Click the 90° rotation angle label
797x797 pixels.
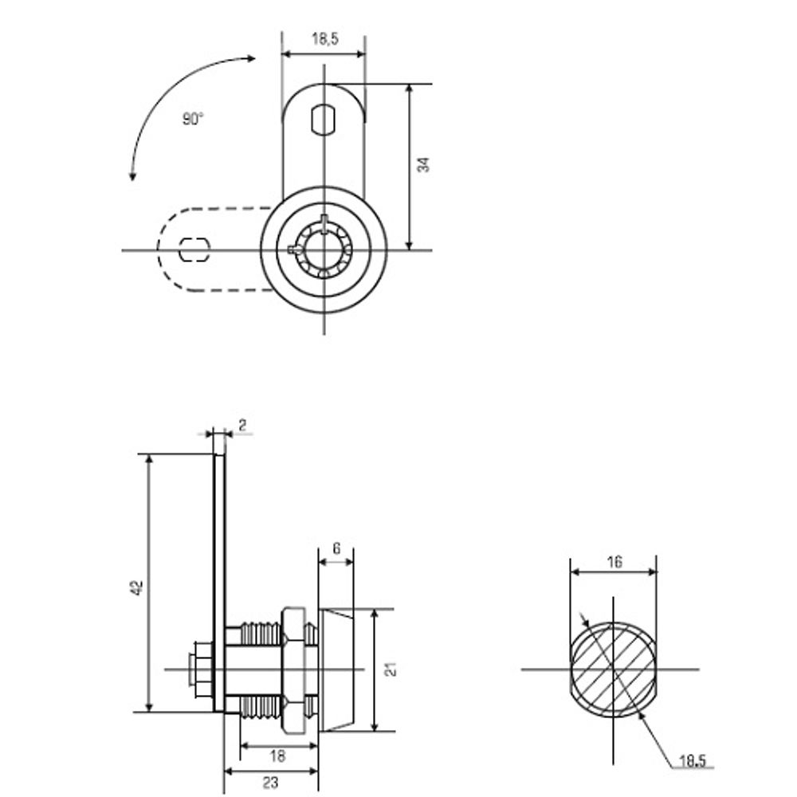(x=193, y=119)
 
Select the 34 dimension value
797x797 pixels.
(x=423, y=165)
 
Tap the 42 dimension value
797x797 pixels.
(x=137, y=587)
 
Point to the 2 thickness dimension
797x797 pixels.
(x=242, y=425)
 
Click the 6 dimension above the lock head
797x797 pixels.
(x=336, y=549)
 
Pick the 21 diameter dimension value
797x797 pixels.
(x=391, y=669)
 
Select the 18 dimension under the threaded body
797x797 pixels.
(x=277, y=756)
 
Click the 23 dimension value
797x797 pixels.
(x=271, y=783)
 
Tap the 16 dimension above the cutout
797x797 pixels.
(x=614, y=562)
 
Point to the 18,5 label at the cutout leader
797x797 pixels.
(x=693, y=761)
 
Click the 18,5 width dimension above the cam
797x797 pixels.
(x=325, y=38)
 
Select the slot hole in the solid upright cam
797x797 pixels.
(x=324, y=120)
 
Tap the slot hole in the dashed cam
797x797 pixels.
(x=194, y=249)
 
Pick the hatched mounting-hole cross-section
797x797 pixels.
(x=614, y=669)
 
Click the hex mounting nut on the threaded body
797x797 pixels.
(x=293, y=669)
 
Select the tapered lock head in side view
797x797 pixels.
(x=336, y=670)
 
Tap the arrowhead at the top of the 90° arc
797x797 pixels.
(x=251, y=58)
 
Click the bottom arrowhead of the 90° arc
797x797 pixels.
(x=132, y=176)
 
